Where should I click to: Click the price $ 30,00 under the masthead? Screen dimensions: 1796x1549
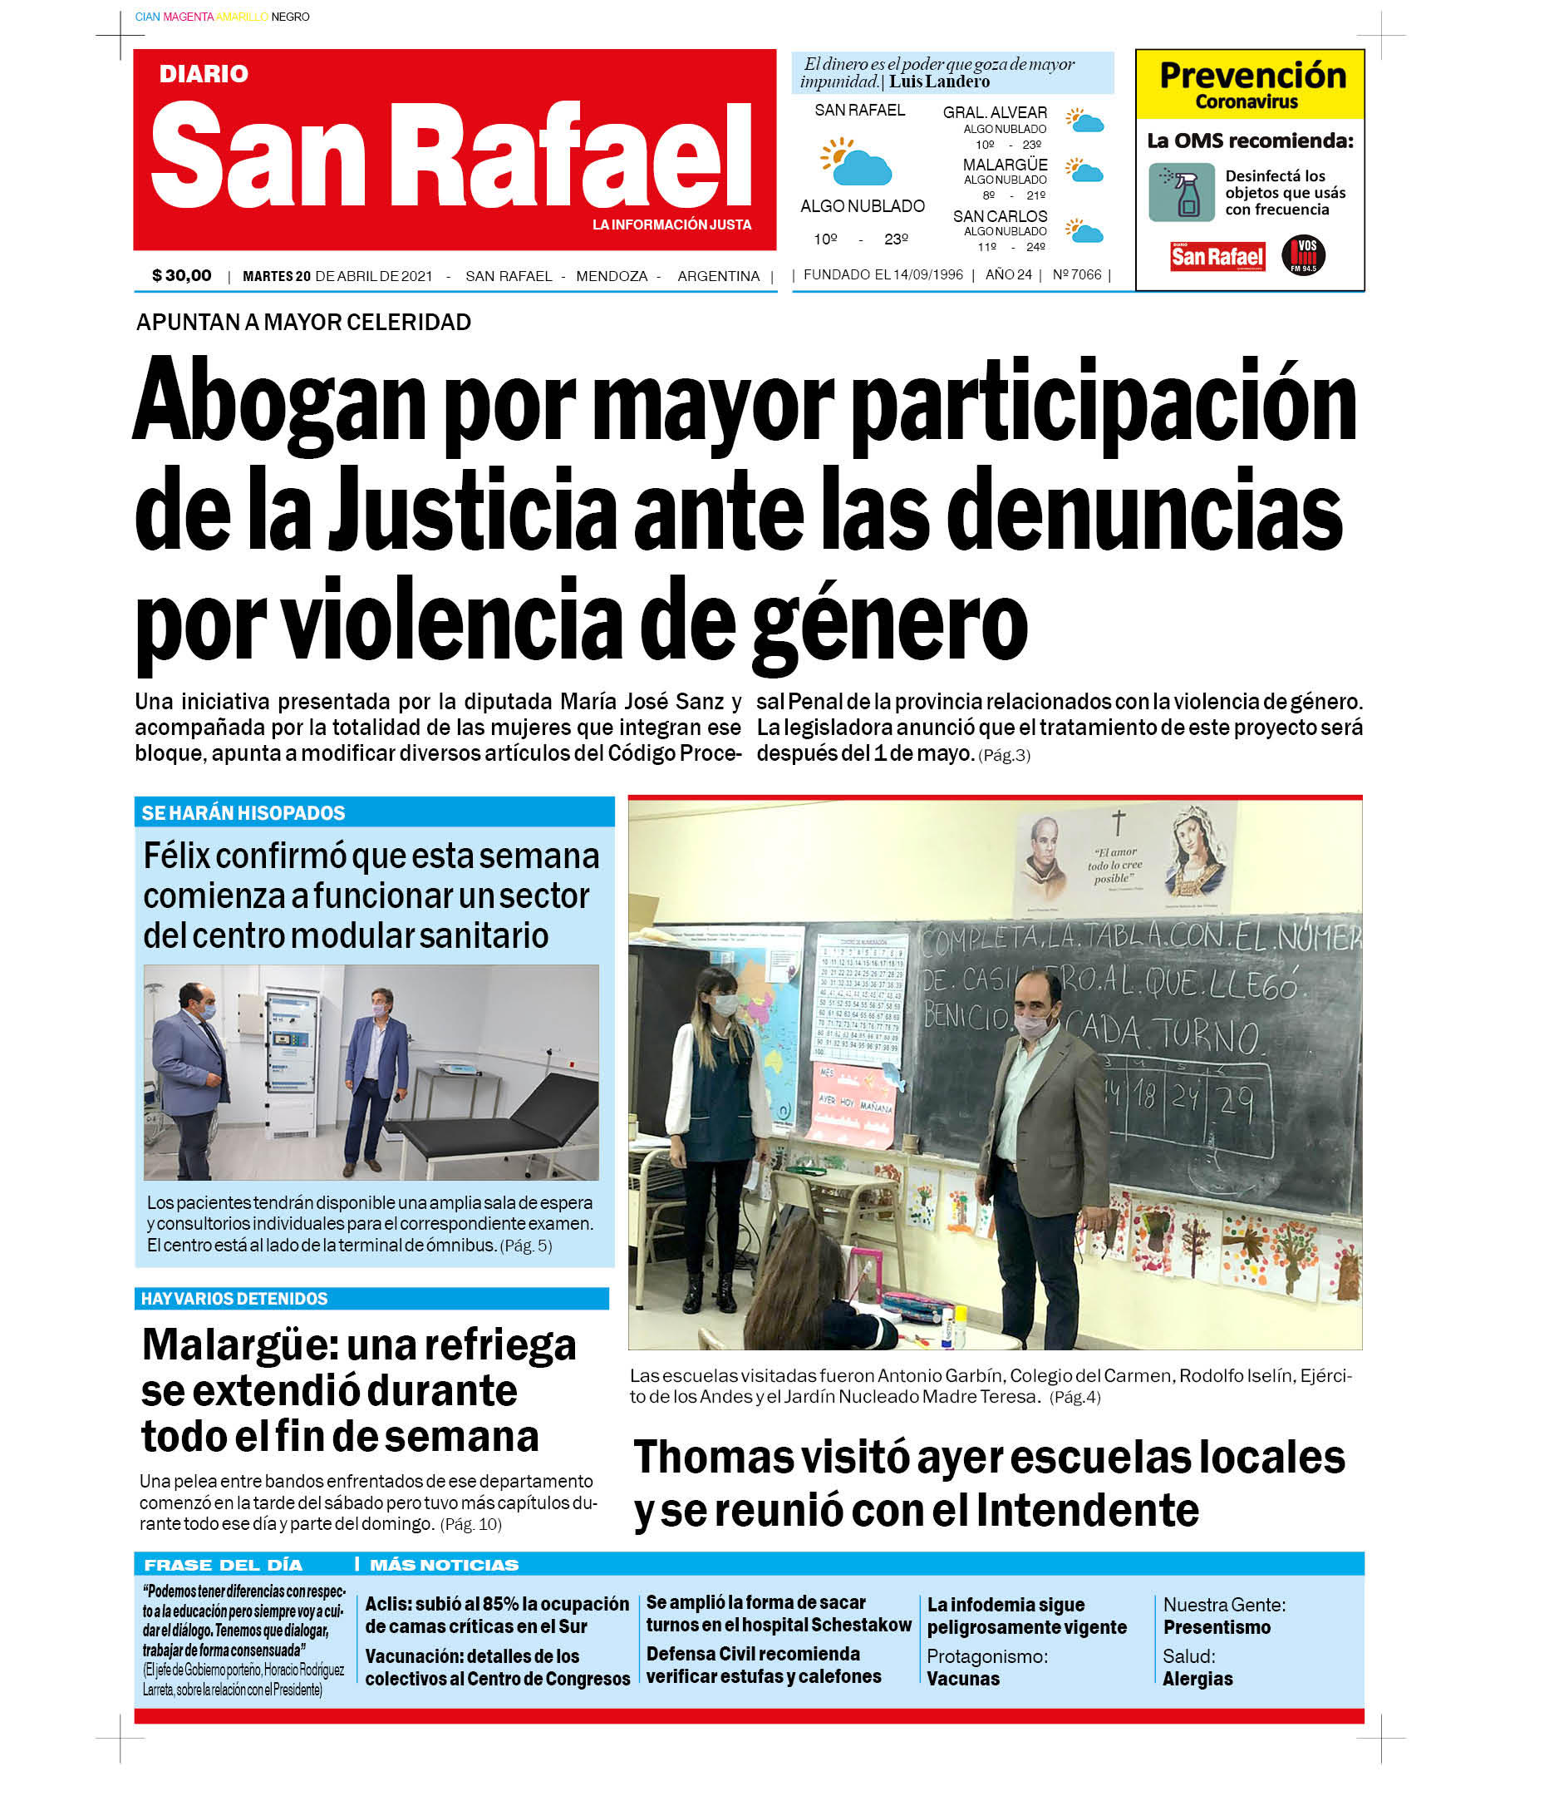[181, 276]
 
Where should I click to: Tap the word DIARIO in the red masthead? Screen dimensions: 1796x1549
[204, 74]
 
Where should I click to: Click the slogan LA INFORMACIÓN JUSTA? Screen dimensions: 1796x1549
[671, 224]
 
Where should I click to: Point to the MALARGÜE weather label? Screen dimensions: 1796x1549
[1005, 165]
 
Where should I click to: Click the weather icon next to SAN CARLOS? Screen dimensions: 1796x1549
[1084, 230]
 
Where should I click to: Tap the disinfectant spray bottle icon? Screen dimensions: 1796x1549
[1182, 192]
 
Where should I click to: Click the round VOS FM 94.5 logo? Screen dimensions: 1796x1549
[1303, 254]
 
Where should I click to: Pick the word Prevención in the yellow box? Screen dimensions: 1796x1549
[1252, 76]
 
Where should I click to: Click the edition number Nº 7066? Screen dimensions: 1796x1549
[1077, 274]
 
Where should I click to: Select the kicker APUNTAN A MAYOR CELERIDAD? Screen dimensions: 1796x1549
[303, 323]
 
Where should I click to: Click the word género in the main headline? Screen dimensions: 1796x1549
[890, 626]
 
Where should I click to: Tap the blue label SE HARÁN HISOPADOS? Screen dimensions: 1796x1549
[243, 813]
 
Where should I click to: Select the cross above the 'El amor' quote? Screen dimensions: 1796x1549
[1119, 822]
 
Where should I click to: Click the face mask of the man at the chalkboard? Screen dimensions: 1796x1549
[1030, 1025]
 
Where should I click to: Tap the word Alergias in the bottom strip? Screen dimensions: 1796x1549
[1197, 1679]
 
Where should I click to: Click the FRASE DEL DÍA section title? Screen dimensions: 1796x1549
[223, 1565]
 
